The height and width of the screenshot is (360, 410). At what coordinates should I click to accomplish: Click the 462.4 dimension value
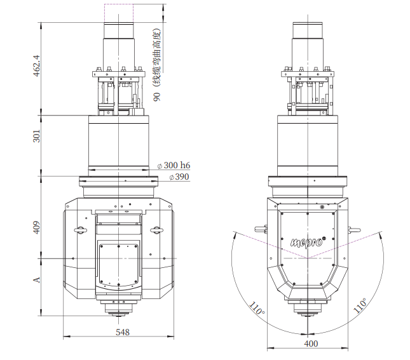[37, 65]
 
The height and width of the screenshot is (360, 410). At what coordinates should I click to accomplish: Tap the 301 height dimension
[37, 136]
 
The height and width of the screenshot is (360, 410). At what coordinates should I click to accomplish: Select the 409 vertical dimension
[37, 227]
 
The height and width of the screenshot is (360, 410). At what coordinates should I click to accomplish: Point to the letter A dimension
[37, 279]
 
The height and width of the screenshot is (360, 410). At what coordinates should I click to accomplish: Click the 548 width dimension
[123, 332]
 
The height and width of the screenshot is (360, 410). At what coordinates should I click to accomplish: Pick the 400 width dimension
[311, 343]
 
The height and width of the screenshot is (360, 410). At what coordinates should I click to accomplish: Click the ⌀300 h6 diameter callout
[174, 165]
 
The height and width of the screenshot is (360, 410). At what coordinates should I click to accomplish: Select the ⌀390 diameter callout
[179, 177]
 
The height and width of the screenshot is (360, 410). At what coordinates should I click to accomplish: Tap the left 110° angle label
[257, 309]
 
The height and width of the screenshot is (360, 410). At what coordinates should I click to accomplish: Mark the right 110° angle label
[360, 305]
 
